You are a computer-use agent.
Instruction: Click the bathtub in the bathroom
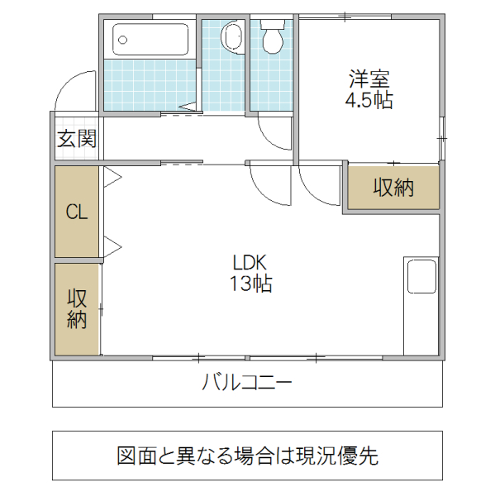pyautogui.click(x=150, y=40)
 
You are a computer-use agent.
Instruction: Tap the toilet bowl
pyautogui.click(x=272, y=36)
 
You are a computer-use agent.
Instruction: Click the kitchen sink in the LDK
pyautogui.click(x=421, y=276)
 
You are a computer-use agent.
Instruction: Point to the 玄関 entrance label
pyautogui.click(x=76, y=139)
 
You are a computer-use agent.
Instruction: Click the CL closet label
pyautogui.click(x=77, y=212)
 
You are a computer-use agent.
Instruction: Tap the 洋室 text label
pyautogui.click(x=369, y=80)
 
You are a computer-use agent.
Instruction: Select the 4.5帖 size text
pyautogui.click(x=369, y=101)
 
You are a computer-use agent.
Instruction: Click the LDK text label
pyautogui.click(x=249, y=263)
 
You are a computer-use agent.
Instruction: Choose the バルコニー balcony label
pyautogui.click(x=247, y=384)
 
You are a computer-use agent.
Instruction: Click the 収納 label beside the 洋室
pyautogui.click(x=393, y=188)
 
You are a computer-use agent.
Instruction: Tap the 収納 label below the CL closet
pyautogui.click(x=77, y=308)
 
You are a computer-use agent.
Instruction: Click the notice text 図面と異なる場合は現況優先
pyautogui.click(x=247, y=455)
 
